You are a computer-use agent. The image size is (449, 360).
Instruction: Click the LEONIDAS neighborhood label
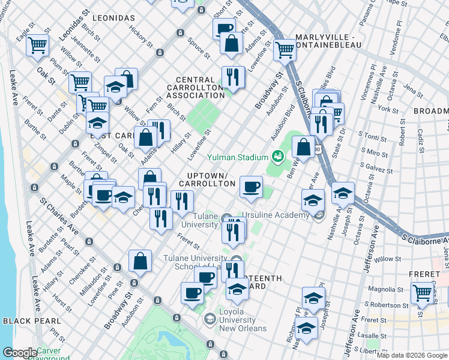point(114,19)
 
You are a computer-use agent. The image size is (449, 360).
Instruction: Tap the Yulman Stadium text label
point(237,158)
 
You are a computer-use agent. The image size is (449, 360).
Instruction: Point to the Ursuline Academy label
point(276,215)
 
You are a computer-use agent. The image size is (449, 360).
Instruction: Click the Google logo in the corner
point(19,353)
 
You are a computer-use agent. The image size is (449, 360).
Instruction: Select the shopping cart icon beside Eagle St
point(38,44)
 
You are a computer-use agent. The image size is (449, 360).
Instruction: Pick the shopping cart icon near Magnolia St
point(423,293)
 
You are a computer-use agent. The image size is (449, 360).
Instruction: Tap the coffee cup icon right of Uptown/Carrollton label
point(251,186)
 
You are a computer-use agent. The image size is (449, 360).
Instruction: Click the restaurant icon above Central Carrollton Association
point(232,76)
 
